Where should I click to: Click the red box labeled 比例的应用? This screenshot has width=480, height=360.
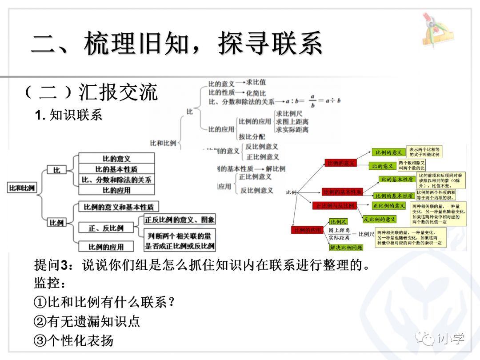click(x=307, y=230)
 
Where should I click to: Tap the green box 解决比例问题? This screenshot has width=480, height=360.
click(x=346, y=247)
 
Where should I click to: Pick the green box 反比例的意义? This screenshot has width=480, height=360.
click(x=379, y=219)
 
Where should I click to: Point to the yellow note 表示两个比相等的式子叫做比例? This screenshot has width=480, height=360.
click(x=424, y=152)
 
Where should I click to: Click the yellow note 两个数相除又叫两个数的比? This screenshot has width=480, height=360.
click(x=411, y=165)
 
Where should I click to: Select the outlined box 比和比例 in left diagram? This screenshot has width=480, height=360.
click(x=22, y=188)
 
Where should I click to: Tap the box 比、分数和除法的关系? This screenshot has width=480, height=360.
click(x=116, y=180)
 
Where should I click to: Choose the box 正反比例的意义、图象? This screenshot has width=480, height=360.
click(x=180, y=219)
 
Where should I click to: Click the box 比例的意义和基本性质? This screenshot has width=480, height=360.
click(x=118, y=207)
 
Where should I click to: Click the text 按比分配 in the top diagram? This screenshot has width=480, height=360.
click(x=252, y=137)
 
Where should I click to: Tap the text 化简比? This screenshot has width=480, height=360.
click(x=256, y=93)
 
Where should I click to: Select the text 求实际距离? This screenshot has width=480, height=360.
click(x=292, y=130)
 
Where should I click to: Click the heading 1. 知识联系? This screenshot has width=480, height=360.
click(x=68, y=115)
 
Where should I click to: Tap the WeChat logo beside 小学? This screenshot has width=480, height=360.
click(x=427, y=339)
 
